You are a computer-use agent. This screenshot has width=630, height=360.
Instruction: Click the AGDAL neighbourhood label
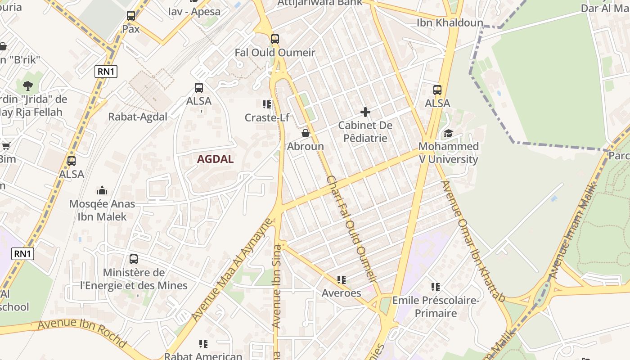pos(215,159)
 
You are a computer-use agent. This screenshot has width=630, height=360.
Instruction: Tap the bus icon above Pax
pos(131,16)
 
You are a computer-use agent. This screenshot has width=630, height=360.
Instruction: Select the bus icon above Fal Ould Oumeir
pos(275,39)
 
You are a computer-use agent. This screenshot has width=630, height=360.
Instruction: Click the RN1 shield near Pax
pos(106,72)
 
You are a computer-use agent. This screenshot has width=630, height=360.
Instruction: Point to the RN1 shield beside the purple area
pos(22,253)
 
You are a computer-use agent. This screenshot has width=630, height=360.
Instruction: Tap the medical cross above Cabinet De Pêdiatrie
pos(365,112)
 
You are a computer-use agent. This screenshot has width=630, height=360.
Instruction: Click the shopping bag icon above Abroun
pos(306,133)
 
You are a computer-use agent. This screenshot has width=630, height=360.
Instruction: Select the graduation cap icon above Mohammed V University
pos(448,133)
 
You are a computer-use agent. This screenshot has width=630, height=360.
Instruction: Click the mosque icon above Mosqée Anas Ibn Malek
pos(102,190)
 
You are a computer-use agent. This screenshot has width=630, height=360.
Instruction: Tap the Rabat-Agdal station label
pos(138,117)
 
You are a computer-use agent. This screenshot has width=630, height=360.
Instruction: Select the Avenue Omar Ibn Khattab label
pos(472,241)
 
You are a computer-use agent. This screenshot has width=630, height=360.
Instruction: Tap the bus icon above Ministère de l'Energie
pos(134,259)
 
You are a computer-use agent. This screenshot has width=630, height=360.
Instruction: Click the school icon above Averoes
pos(342,280)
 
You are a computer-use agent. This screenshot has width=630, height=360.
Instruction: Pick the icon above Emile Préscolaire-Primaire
pos(435,287)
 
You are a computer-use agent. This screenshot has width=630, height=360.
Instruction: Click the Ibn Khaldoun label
pos(450,22)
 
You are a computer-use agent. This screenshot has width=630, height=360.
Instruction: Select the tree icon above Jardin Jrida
pos(27,85)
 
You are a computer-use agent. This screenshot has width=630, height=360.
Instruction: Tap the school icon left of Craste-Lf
pos(266,104)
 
